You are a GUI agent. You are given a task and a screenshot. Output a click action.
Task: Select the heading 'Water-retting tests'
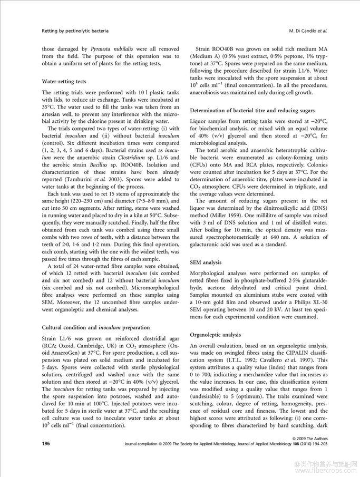[x=65, y=82]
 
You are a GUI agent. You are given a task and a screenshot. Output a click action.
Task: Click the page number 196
[x=46, y=444]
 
